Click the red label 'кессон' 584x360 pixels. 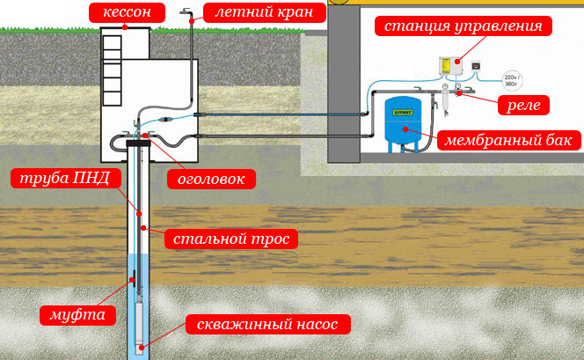pyautogui.click(x=127, y=12)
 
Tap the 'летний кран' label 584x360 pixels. pyautogui.click(x=265, y=12)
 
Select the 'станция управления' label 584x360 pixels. pyautogui.click(x=463, y=26)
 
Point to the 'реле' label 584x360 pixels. pyautogui.click(x=523, y=105)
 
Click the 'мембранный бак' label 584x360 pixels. pyautogui.click(x=508, y=141)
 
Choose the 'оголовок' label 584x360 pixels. pyautogui.click(x=211, y=180)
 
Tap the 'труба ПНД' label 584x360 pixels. pyautogui.click(x=66, y=178)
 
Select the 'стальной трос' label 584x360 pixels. pyautogui.click(x=231, y=239)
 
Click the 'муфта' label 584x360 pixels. pyautogui.click(x=77, y=315)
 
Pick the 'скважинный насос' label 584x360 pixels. pyautogui.click(x=267, y=324)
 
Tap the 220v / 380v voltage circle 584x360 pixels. pyautogui.click(x=513, y=80)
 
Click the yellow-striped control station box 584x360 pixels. pyautogui.click(x=450, y=66)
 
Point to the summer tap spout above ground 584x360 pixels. pyautogui.click(x=186, y=11)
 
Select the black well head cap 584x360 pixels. pyautogui.click(x=138, y=143)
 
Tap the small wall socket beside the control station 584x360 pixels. pyautogui.click(x=476, y=66)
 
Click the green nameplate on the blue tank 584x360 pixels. pyautogui.click(x=403, y=112)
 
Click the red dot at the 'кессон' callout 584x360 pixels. pyautogui.click(x=125, y=27)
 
